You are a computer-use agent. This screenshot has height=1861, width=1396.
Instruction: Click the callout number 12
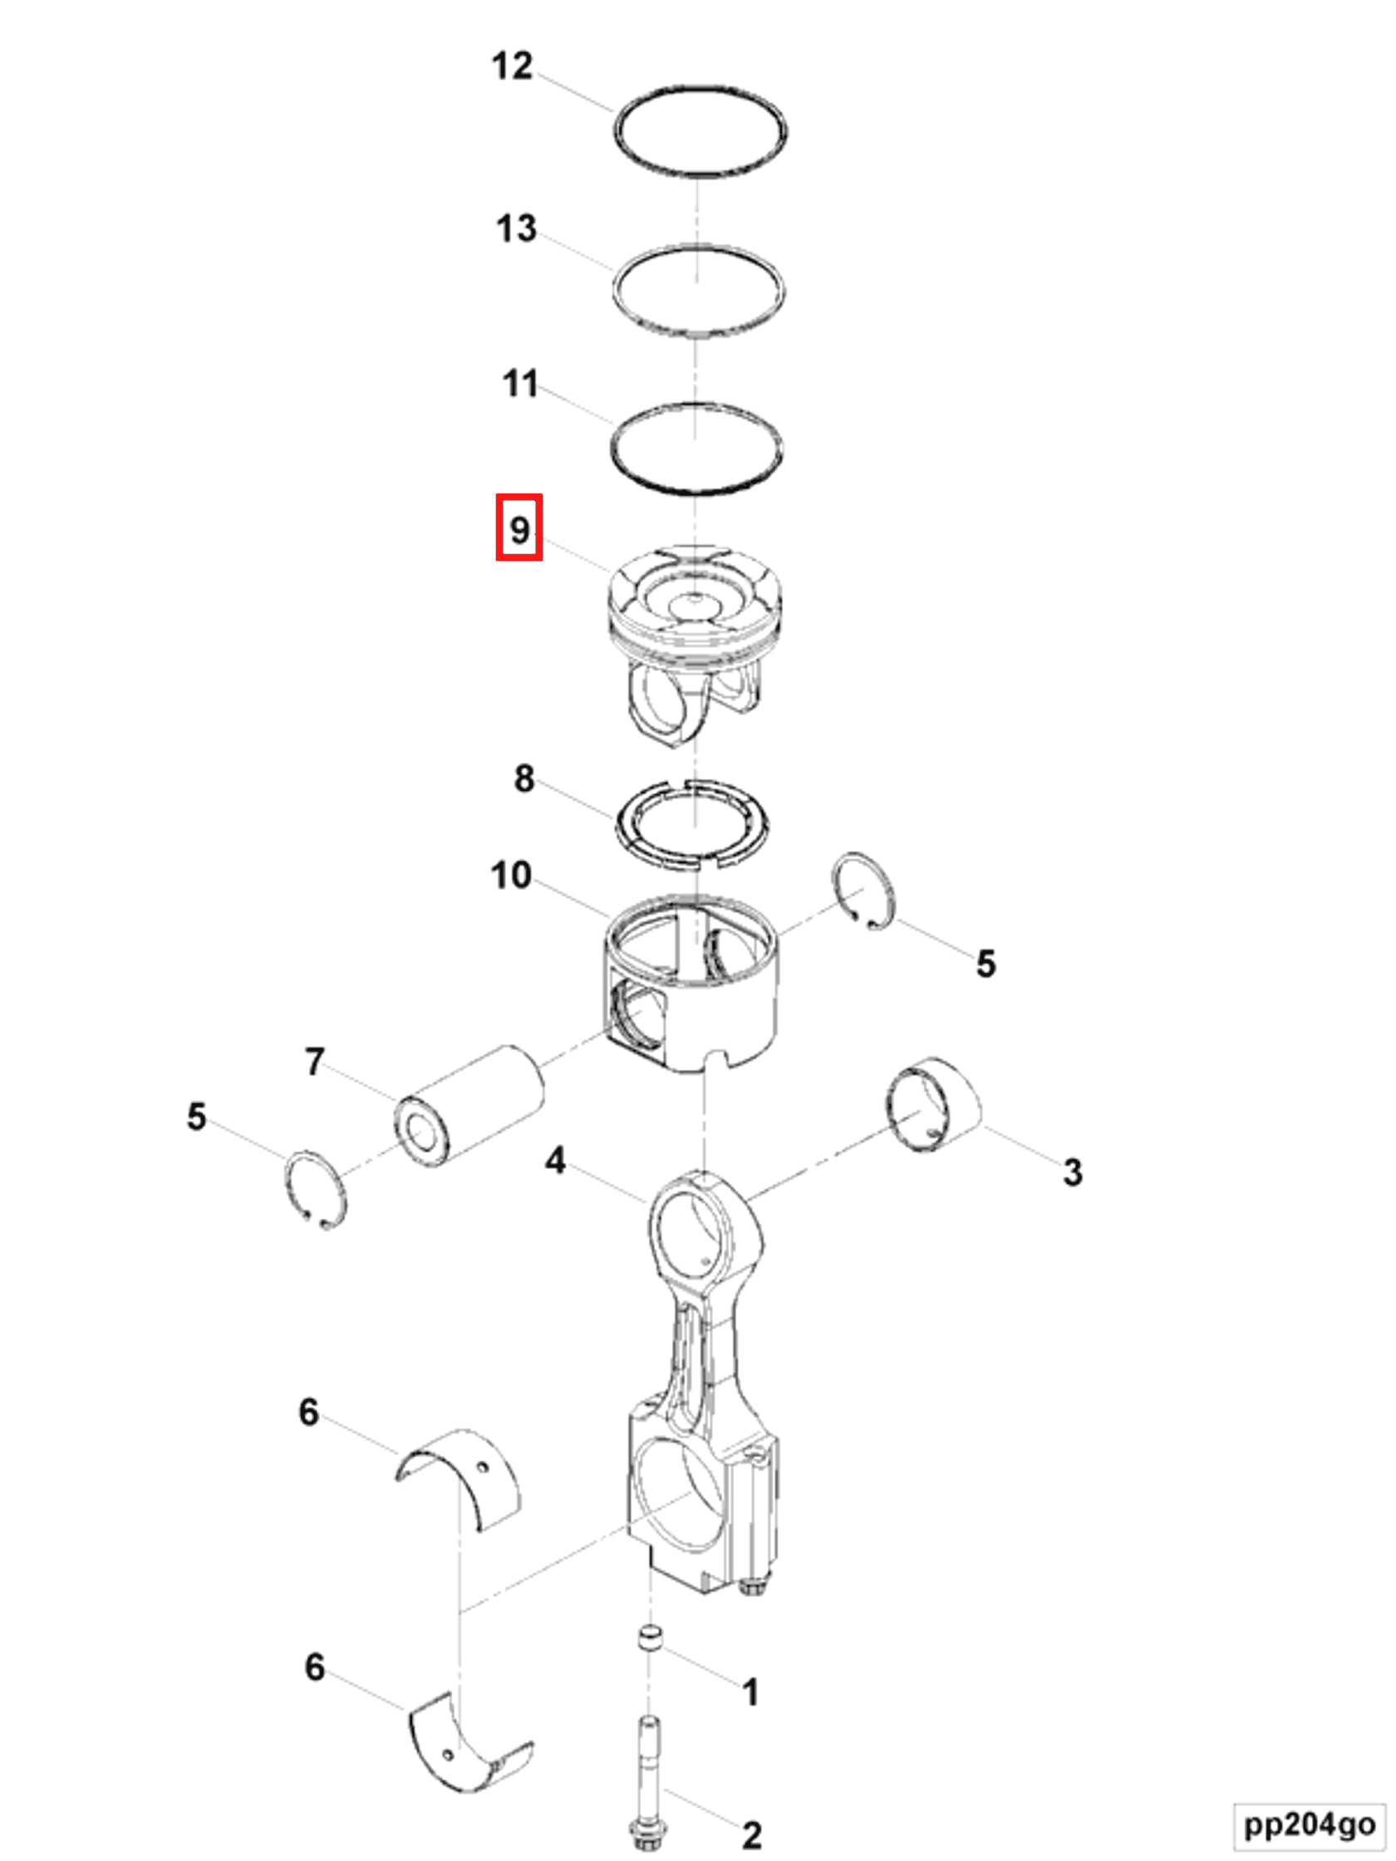pyautogui.click(x=512, y=66)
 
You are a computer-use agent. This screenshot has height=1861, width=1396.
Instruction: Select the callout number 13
pyautogui.click(x=516, y=228)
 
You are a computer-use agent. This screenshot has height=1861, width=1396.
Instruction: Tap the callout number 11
pyautogui.click(x=520, y=384)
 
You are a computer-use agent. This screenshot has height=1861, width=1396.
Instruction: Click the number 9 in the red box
pyautogui.click(x=519, y=529)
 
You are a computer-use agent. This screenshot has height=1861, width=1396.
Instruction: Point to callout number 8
pyautogui.click(x=523, y=778)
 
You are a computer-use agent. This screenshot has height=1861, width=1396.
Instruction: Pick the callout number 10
pyautogui.click(x=511, y=875)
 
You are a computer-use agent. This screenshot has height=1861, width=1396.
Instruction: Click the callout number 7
pyautogui.click(x=314, y=1062)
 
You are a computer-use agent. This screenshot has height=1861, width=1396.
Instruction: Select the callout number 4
pyautogui.click(x=554, y=1161)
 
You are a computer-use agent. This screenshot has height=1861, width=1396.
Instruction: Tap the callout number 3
pyautogui.click(x=1072, y=1172)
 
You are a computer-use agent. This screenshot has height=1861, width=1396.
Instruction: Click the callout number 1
pyautogui.click(x=750, y=1692)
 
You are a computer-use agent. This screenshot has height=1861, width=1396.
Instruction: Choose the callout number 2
pyautogui.click(x=751, y=1835)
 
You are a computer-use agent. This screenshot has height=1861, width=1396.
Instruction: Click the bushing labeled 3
pyautogui.click(x=932, y=1103)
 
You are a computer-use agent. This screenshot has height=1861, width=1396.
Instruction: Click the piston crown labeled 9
pyautogui.click(x=695, y=606)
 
